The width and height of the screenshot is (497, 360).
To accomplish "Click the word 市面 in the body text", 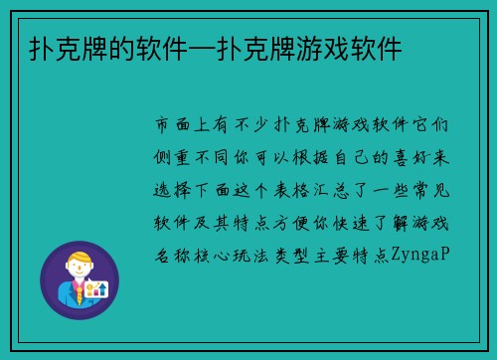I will [176, 127].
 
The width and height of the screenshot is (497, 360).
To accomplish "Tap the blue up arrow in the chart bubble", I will [101, 288].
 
